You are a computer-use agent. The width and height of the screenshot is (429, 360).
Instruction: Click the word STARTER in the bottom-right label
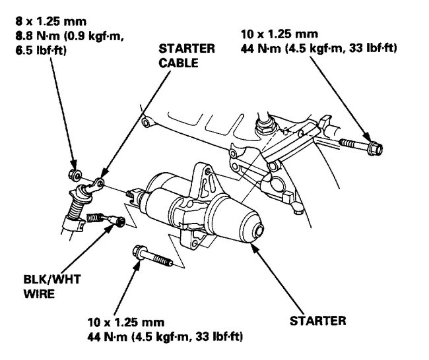tap(317, 321)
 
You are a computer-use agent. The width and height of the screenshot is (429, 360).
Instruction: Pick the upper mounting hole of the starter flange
tap(209, 176)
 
